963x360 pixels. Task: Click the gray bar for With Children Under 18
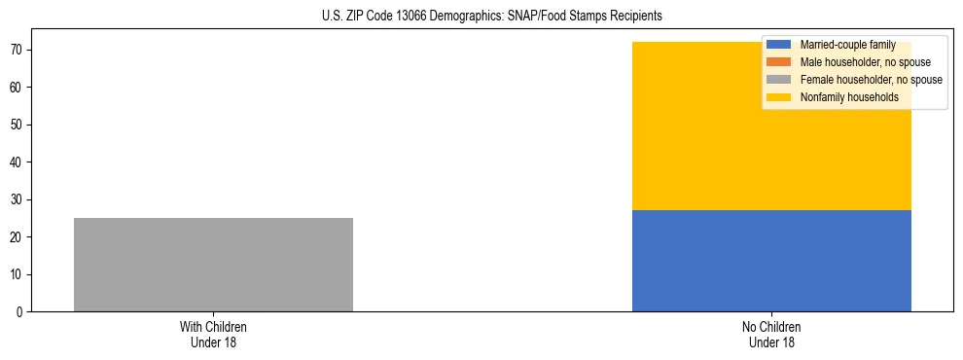[x=213, y=265]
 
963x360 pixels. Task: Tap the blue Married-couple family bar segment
[x=771, y=261]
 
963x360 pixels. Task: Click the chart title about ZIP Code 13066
[x=491, y=16]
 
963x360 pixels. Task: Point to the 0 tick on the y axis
[x=20, y=312]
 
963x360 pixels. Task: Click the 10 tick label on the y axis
[x=18, y=274]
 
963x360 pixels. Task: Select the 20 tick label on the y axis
[x=18, y=237]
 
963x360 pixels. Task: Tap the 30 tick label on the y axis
[x=18, y=199]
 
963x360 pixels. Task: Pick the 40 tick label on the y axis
[x=18, y=162]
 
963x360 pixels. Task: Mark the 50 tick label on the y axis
[x=18, y=125]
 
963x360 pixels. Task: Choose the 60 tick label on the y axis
[x=18, y=88]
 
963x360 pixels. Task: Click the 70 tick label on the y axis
[x=18, y=50]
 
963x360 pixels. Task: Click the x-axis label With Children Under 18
[x=213, y=334]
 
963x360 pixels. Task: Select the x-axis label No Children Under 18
[x=771, y=334]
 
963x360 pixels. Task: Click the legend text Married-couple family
[x=847, y=45]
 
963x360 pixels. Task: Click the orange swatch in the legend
[x=779, y=62]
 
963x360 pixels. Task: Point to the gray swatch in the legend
[x=779, y=80]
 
